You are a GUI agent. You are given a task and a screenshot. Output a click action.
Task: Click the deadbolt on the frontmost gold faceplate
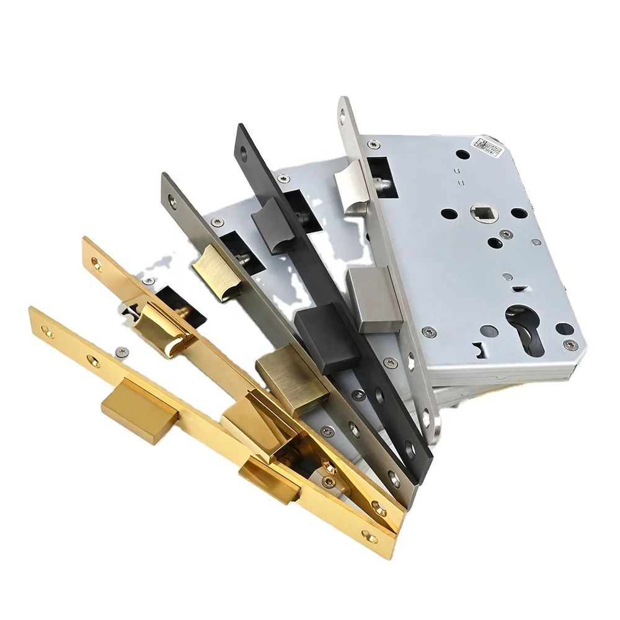click(x=133, y=406)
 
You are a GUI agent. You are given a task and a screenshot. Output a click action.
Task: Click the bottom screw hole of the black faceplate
click(x=409, y=450)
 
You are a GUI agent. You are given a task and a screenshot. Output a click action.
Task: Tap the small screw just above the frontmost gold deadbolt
click(x=118, y=352)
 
